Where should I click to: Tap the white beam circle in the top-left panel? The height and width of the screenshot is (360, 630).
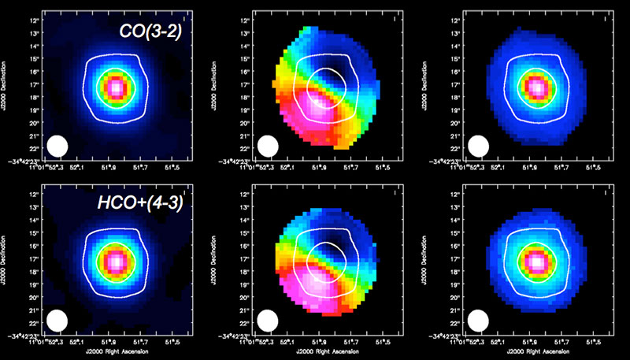coord(57,147)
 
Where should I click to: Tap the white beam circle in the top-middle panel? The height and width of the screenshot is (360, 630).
coord(268,147)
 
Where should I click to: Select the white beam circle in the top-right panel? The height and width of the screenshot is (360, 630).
coord(478,147)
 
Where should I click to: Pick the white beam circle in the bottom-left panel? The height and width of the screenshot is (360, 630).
coord(57,320)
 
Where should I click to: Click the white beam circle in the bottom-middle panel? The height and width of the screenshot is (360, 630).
coord(268,320)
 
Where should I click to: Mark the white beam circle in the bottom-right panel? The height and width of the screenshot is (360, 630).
coord(478,320)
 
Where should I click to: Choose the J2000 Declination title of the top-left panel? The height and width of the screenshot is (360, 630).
coord(6,87)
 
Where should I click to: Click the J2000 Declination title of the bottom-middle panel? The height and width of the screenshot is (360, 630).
coord(217,260)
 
